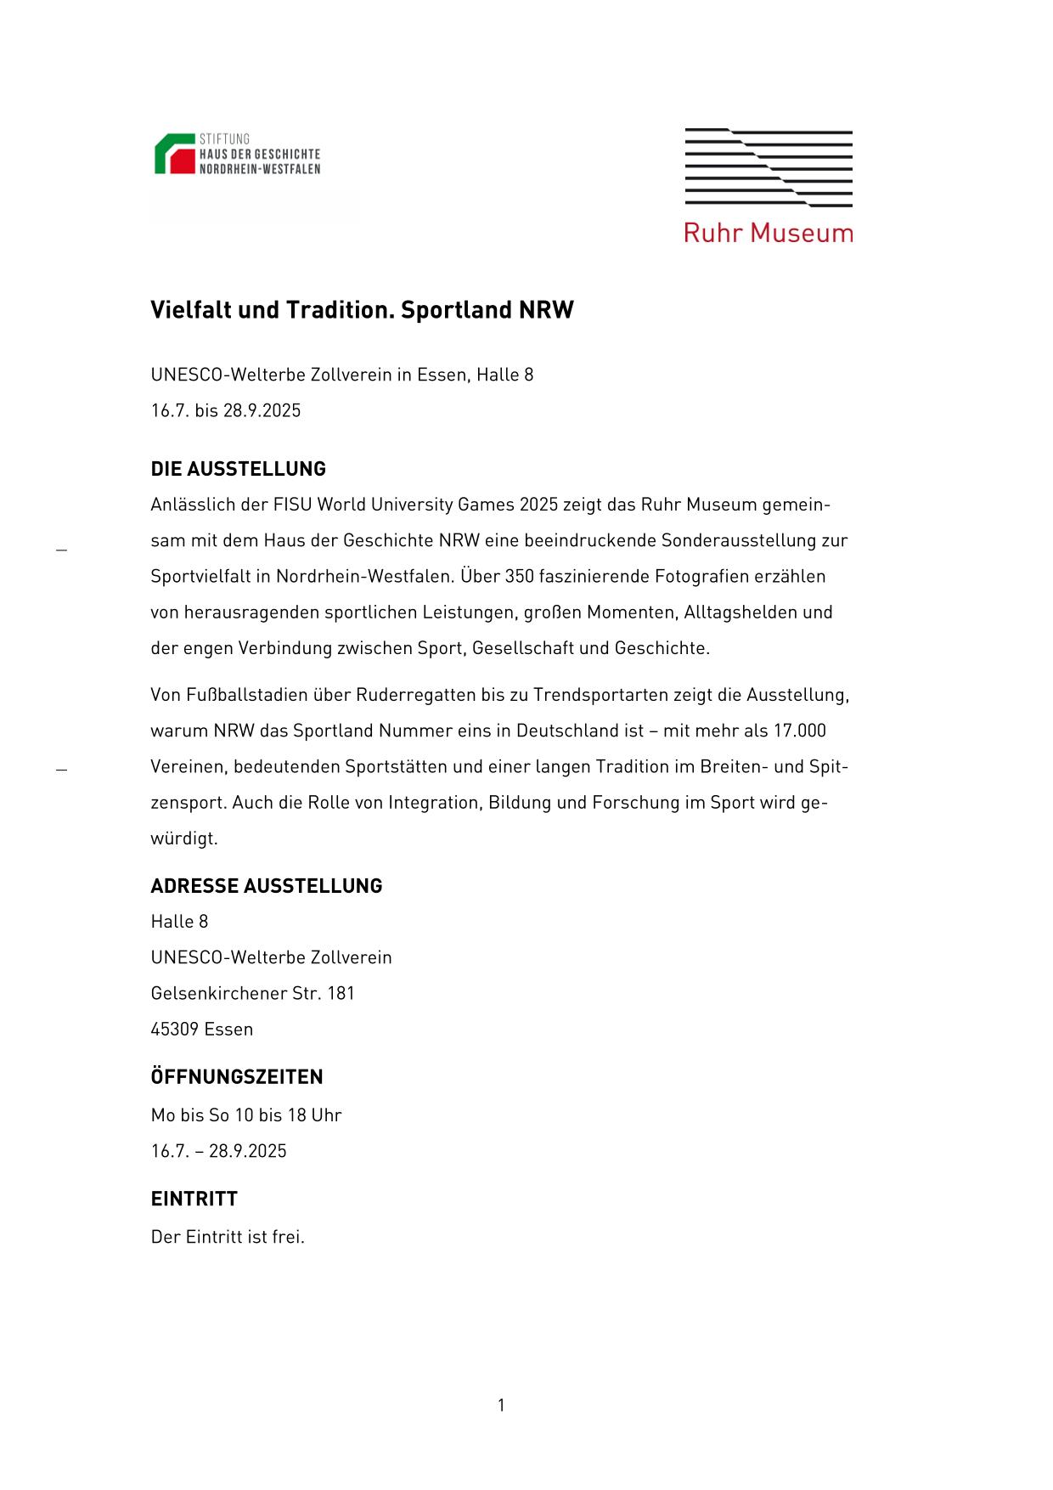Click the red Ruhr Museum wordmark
tap(769, 233)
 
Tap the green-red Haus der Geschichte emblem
tap(174, 154)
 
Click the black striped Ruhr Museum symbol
tap(769, 167)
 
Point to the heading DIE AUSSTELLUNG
tap(238, 469)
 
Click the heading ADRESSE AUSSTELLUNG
tap(266, 886)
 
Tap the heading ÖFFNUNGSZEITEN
tap(236, 1077)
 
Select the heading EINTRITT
tap(194, 1199)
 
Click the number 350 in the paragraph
tap(519, 577)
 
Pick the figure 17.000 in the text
tap(799, 731)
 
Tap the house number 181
tap(341, 994)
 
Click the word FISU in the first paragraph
tap(292, 505)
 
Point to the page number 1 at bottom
tap(501, 1406)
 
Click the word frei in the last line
tap(288, 1238)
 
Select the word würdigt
tap(183, 839)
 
